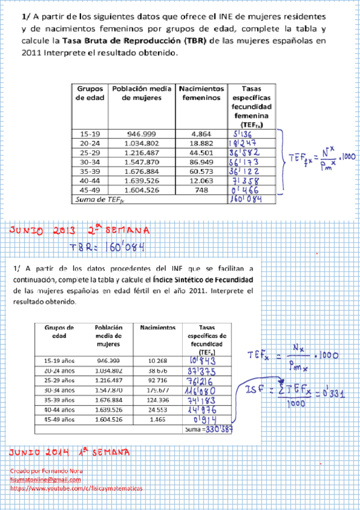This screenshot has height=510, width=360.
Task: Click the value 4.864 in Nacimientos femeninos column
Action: tap(201, 134)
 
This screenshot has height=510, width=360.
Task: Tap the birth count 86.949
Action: tap(201, 162)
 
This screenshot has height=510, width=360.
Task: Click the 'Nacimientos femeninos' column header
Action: tap(201, 93)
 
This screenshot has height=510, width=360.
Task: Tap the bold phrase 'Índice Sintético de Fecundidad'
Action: tap(204, 280)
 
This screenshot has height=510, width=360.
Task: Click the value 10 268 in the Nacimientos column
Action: tap(158, 360)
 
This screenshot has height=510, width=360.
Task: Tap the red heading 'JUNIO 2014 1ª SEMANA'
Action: tap(69, 452)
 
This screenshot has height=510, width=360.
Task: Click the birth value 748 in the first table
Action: tap(201, 190)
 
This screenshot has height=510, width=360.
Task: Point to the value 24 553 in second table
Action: tap(158, 410)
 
